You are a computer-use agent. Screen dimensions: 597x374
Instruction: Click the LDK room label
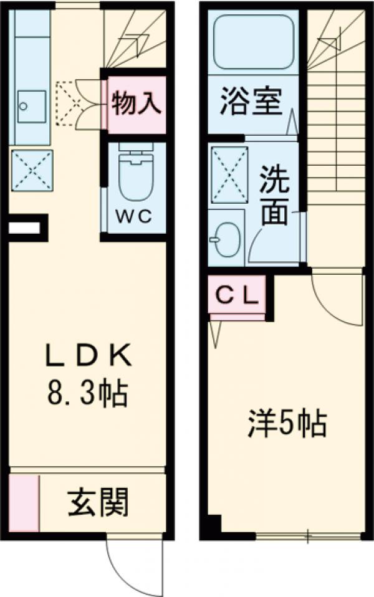[x=87, y=356]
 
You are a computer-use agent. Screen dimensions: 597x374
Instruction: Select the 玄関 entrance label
[x=98, y=502]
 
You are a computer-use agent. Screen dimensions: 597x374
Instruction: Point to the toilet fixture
[x=136, y=171]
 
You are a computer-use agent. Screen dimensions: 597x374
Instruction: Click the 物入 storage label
[x=137, y=103]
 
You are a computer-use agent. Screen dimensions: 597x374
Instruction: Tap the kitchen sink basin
[x=31, y=107]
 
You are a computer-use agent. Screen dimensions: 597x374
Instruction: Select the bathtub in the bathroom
[x=252, y=42]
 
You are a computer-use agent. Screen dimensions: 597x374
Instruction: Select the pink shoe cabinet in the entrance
[x=24, y=504]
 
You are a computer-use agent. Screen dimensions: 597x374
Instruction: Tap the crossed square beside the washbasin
[x=228, y=174]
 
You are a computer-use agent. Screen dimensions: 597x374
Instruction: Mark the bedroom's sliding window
[x=309, y=535]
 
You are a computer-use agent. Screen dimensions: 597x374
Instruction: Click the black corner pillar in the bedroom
[x=213, y=525]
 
